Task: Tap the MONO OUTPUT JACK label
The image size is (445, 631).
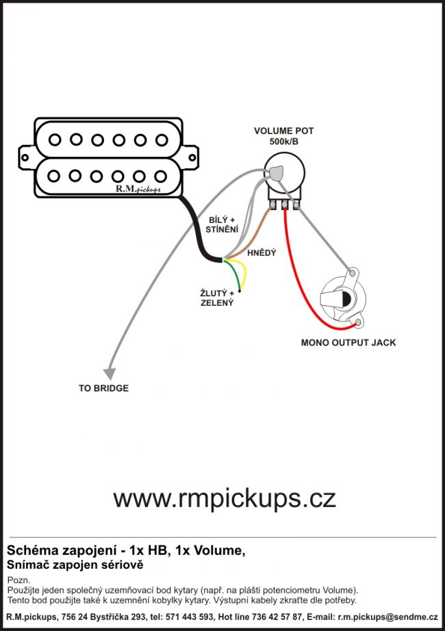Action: click(348, 342)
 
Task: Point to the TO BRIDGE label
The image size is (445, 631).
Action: click(103, 388)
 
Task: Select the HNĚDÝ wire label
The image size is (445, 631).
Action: click(262, 253)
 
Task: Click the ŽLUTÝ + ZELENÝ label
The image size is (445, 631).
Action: click(217, 298)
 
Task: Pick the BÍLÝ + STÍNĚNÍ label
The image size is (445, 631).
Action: click(222, 224)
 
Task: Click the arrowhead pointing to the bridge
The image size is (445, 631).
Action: click(109, 372)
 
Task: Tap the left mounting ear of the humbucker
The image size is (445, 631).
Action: click(26, 157)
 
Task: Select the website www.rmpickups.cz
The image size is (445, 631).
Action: click(225, 498)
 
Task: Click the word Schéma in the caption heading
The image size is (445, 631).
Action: click(27, 551)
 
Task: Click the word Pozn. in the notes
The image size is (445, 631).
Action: click(18, 579)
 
